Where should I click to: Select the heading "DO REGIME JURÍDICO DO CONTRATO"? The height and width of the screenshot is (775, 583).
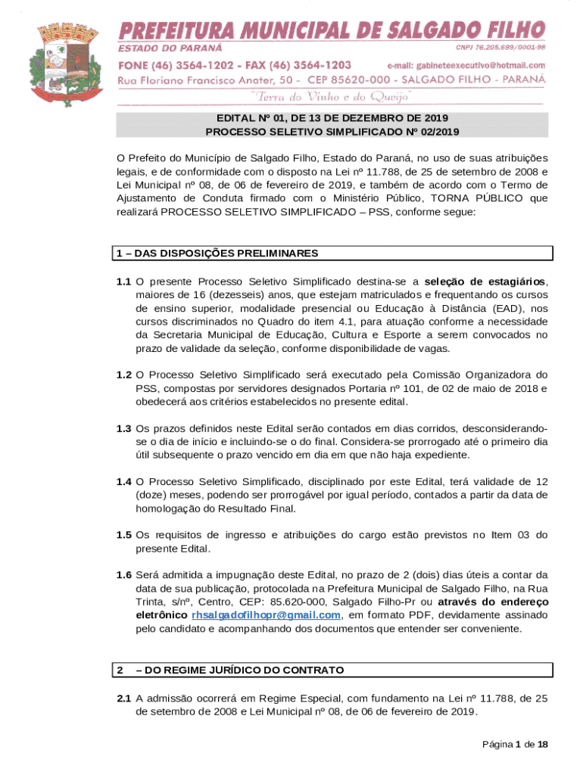coord(240,671)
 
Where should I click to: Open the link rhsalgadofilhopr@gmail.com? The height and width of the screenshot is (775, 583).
coord(265,615)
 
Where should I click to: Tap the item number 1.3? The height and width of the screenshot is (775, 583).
coord(123,428)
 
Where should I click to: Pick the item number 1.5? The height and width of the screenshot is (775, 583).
coord(123,535)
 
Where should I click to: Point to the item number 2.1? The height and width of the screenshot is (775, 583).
coord(123,699)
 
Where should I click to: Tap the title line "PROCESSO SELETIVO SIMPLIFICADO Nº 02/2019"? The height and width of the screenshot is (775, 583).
coord(332,132)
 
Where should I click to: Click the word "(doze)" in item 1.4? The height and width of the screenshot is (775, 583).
coord(154,495)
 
